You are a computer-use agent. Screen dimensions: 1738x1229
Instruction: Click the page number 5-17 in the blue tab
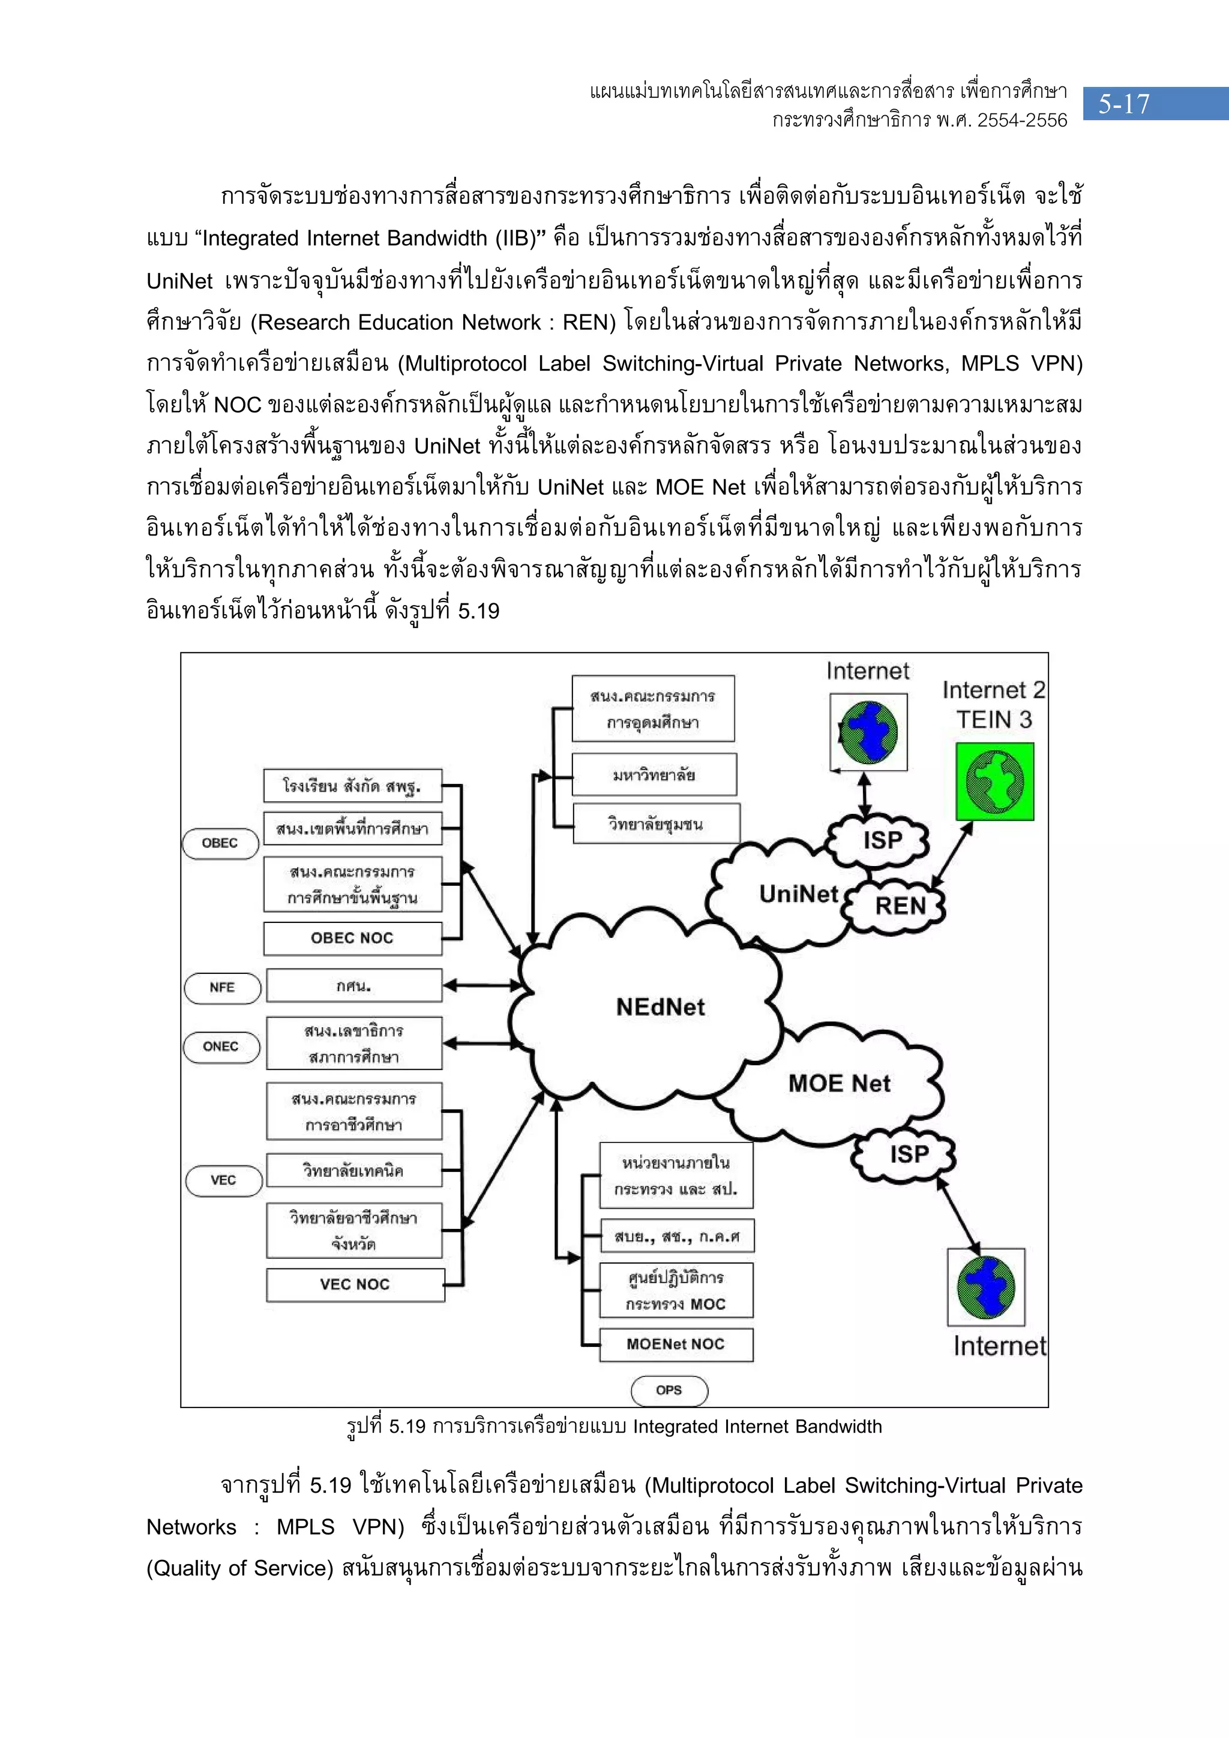pos(1124,104)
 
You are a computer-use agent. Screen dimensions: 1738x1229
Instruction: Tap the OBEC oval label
pos(220,843)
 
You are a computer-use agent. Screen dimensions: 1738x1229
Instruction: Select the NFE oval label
pos(222,988)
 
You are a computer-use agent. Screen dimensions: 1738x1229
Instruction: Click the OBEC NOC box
pos(352,939)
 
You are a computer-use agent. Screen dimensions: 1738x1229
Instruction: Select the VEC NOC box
pos(355,1285)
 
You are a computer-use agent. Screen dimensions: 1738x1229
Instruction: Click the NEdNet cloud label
pos(660,1008)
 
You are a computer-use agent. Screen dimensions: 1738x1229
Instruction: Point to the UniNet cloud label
pos(798,895)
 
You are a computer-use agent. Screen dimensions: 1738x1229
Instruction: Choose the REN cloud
pos(900,906)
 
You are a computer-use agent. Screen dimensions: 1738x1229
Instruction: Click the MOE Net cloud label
pos(839,1083)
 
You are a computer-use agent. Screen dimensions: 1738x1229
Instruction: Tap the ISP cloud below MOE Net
pos(908,1154)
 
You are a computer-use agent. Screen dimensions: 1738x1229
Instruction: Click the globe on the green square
pos(994,782)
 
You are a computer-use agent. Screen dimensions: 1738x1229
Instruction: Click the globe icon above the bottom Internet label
pos(986,1287)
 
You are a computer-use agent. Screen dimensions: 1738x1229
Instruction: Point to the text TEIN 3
pos(994,720)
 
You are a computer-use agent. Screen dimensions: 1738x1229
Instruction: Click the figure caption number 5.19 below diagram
pos(407,1427)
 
